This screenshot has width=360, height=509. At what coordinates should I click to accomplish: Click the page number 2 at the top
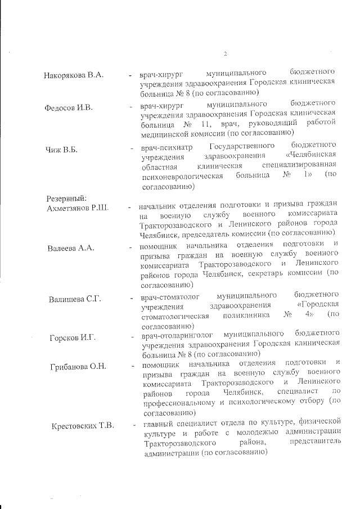click(x=225, y=54)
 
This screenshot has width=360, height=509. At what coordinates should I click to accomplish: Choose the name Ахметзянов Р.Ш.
click(x=76, y=208)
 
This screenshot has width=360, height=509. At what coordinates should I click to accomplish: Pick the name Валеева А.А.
click(x=71, y=247)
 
